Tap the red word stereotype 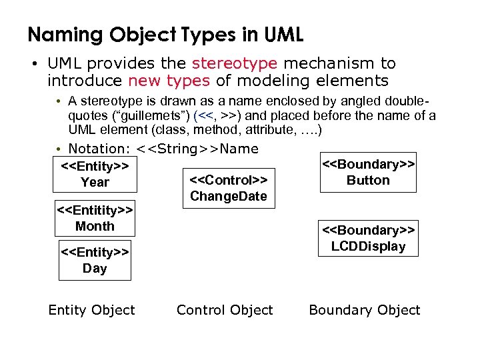coord(234,63)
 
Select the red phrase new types coord(169,81)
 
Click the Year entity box coord(94,174)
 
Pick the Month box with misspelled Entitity coord(94,219)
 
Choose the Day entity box coord(94,261)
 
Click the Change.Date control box coord(228,188)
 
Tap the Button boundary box coord(368,173)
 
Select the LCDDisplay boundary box coord(368,239)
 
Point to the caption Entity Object coord(91,310)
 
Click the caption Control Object coord(225,310)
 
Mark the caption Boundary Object coord(364,310)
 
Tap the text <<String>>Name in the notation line coord(197,149)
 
